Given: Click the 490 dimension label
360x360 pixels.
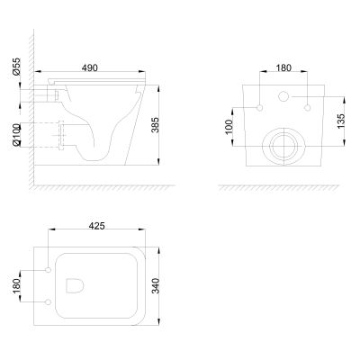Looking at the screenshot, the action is [90, 67].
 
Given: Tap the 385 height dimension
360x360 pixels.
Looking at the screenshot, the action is [155, 125].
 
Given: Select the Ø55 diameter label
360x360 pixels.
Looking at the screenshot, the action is [16, 67].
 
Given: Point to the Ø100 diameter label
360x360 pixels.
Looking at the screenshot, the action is [16, 135].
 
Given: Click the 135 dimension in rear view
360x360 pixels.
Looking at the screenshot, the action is [341, 121].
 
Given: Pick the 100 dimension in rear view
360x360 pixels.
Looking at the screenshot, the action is [229, 127].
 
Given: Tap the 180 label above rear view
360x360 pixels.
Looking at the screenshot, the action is [283, 68].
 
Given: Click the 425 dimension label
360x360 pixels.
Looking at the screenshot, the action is [97, 226].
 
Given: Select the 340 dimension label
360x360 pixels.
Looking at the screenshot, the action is [156, 286].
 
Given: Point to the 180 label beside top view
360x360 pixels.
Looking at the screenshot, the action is [16, 286].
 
